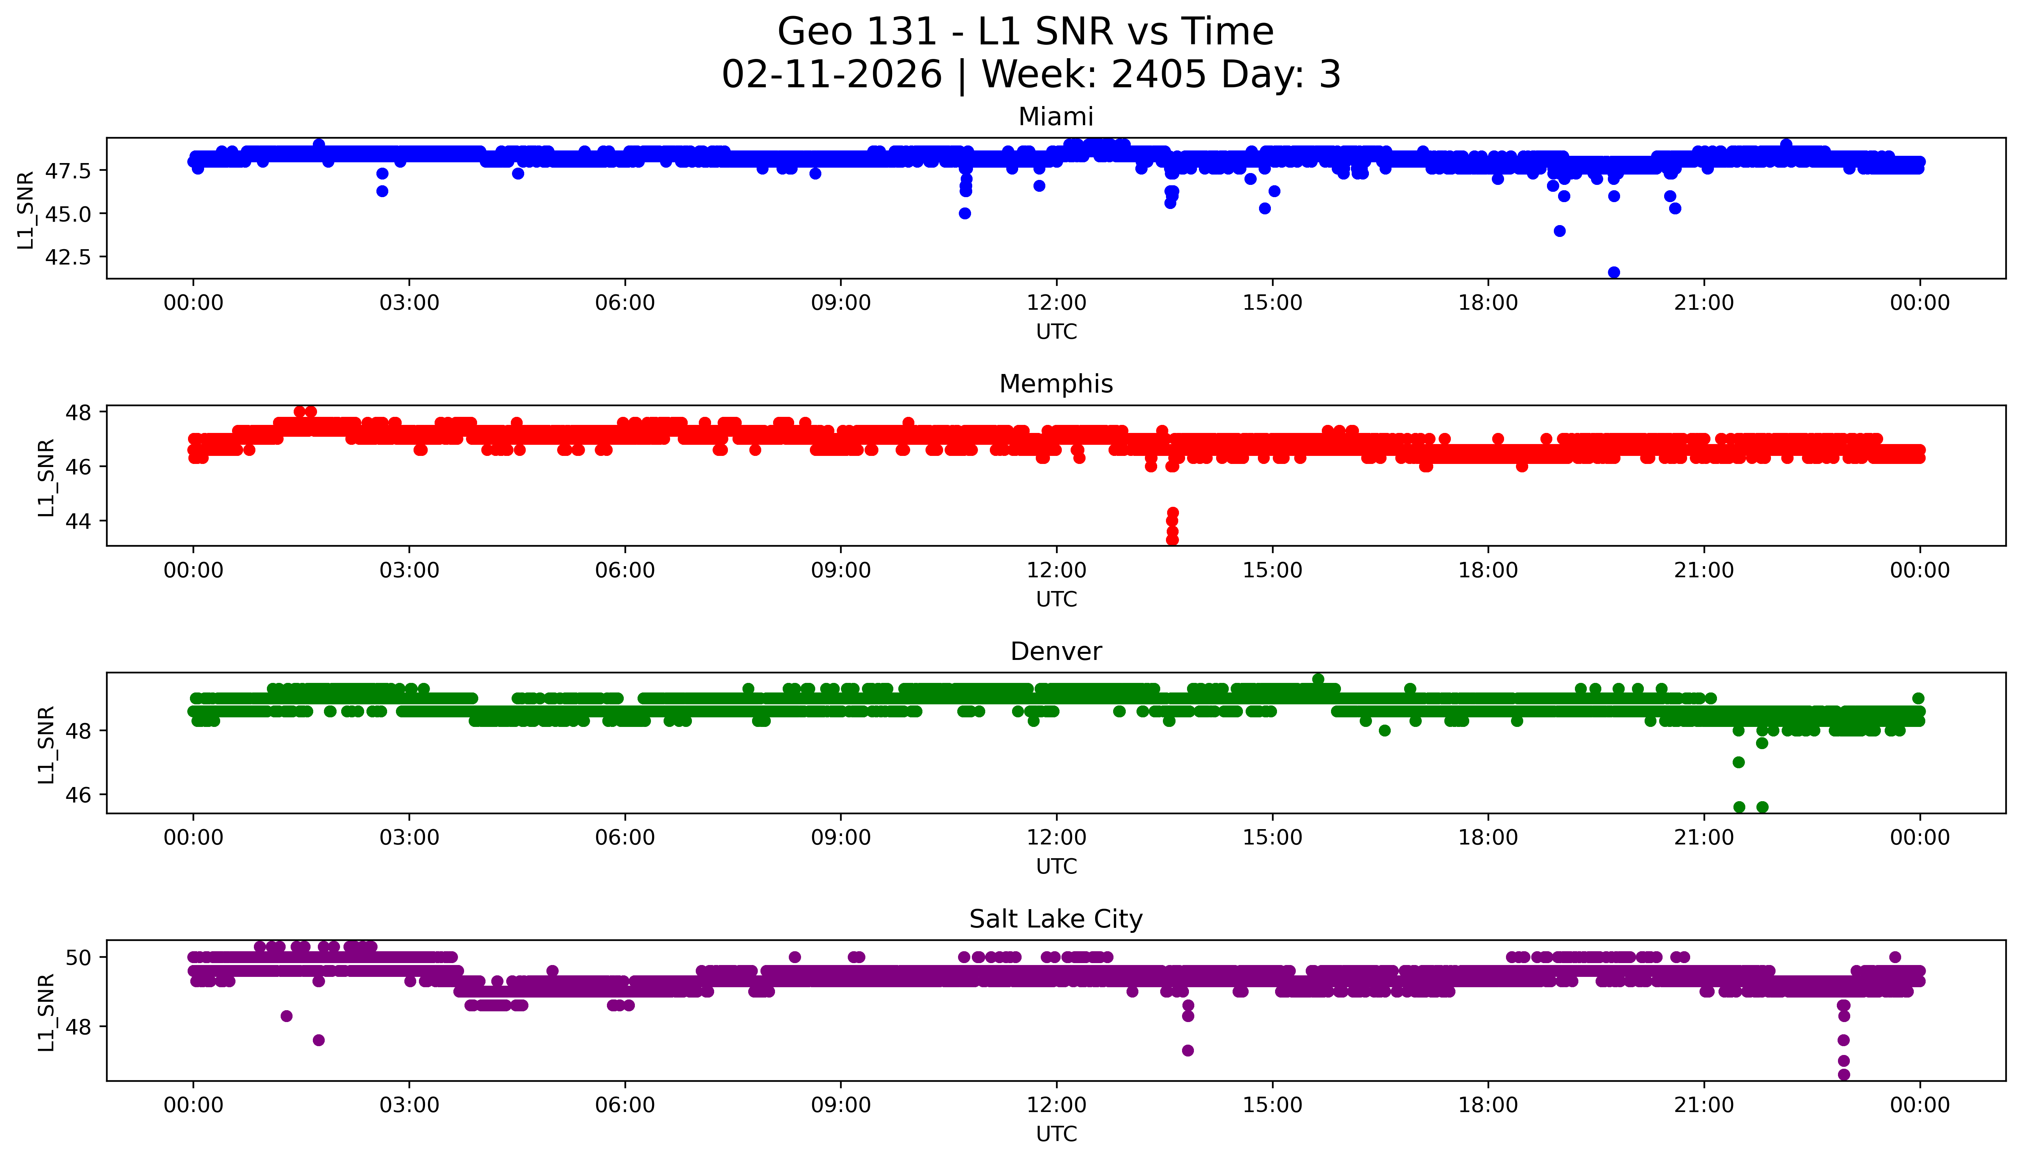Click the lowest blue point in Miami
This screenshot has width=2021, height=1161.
pos(1614,273)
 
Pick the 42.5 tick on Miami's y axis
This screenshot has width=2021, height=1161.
pos(69,257)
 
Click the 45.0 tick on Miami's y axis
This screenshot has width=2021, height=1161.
pos(69,214)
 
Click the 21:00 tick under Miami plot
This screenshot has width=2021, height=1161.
pos(1704,303)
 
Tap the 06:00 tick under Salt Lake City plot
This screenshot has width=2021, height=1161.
pos(625,1105)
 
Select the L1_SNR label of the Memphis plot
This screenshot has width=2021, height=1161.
pos(46,477)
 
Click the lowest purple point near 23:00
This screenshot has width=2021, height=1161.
pos(1843,1074)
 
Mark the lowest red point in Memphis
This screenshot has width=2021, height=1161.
pos(1172,540)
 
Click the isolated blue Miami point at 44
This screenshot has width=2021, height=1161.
pos(1559,231)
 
